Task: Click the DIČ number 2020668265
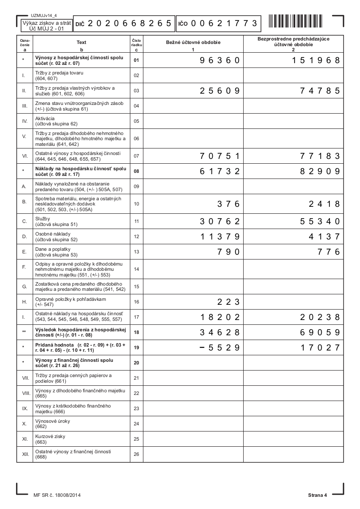click(129, 24)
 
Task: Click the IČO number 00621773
click(223, 24)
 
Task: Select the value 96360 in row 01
click(220, 61)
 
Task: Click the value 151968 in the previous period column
click(316, 61)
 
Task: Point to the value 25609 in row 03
click(220, 91)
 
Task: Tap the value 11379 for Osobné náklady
click(220, 237)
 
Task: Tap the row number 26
click(136, 455)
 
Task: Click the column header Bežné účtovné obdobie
click(193, 43)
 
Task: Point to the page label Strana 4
click(317, 495)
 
